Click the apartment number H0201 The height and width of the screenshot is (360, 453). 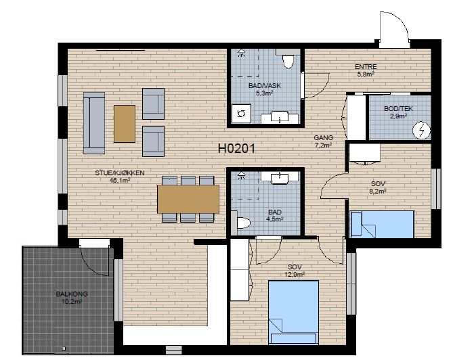236,149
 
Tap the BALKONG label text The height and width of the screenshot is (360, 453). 72,294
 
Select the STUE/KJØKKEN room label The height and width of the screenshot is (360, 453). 120,173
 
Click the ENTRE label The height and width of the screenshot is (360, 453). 366,67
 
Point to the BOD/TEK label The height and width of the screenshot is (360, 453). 398,109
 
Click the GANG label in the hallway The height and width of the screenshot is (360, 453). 324,137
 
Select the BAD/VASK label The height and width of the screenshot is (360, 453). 265,85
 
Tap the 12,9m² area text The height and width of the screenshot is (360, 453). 295,274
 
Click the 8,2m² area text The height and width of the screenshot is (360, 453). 378,191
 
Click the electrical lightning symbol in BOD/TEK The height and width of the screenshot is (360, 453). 421,131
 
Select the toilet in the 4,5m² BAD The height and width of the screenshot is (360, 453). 243,223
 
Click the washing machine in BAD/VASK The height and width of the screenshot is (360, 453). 242,114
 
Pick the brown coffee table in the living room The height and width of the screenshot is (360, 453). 125,124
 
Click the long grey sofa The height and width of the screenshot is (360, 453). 94,123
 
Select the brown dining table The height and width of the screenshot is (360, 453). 188,199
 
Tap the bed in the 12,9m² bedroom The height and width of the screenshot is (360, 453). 293,312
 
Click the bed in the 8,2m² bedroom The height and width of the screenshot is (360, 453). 382,224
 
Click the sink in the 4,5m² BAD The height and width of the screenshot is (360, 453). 280,177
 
